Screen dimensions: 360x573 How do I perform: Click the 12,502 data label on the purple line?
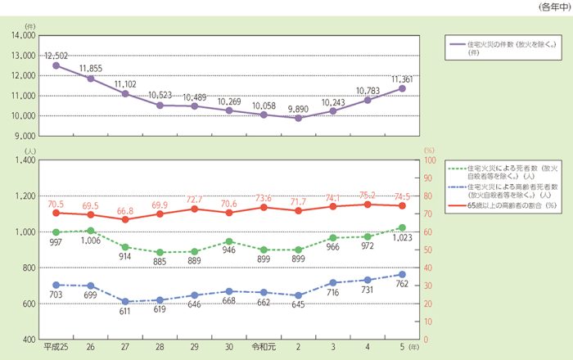(x=56, y=54)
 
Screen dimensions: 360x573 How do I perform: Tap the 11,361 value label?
(x=403, y=79)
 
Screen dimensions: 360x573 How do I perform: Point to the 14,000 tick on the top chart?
(x=22, y=35)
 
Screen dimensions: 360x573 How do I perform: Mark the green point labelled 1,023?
(x=403, y=227)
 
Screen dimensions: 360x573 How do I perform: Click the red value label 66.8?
(x=124, y=210)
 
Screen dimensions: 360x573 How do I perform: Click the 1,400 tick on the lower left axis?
(x=23, y=160)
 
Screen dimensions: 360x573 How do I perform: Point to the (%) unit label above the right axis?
(x=431, y=150)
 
